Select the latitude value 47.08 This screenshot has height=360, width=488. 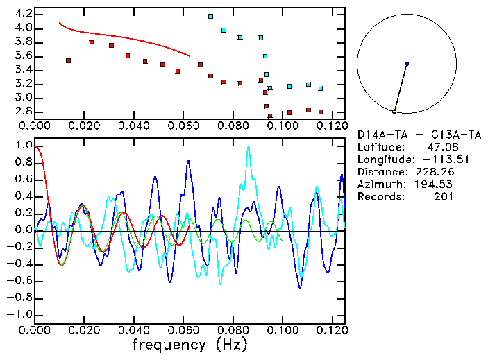[441, 147]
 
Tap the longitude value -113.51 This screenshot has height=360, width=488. [435, 160]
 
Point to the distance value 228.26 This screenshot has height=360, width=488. [435, 172]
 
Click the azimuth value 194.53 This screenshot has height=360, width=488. [435, 185]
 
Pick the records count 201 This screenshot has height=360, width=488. [444, 197]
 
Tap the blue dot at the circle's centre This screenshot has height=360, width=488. [407, 64]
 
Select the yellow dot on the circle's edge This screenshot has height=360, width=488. [394, 112]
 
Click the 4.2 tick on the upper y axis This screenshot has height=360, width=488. [22, 14]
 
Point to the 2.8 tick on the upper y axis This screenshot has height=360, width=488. [22, 112]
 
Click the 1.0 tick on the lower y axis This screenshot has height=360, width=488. [23, 146]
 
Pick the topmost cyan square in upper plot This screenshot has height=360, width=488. [210, 16]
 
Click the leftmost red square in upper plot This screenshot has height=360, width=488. [68, 61]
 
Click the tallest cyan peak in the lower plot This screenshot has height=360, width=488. [248, 147]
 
